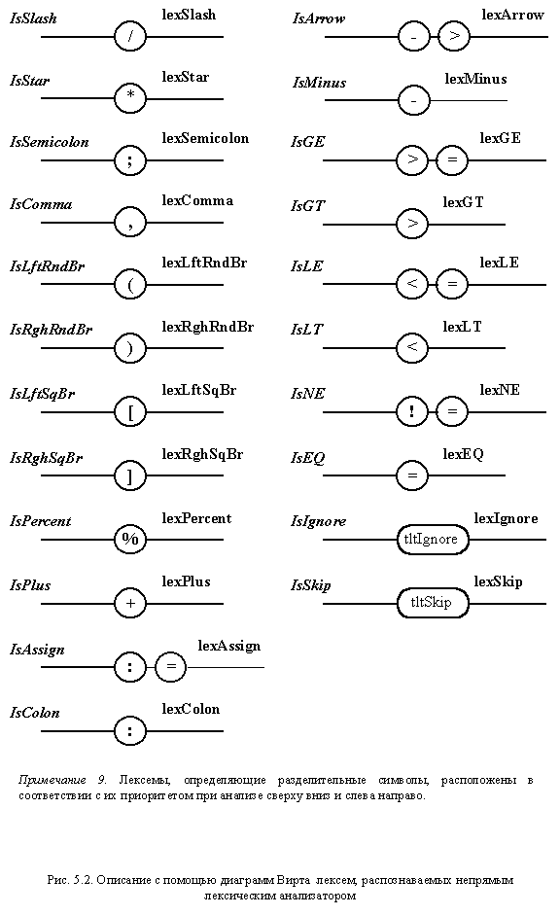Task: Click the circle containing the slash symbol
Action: tap(130, 37)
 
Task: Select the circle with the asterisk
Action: tap(130, 97)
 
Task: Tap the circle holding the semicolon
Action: tap(130, 159)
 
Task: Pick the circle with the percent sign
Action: tap(130, 539)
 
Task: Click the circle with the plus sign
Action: tap(130, 603)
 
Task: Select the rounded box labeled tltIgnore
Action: tap(433, 540)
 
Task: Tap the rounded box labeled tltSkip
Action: tap(433, 603)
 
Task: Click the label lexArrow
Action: tap(512, 16)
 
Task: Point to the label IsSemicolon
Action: tap(49, 142)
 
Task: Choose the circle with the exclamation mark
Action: tap(412, 411)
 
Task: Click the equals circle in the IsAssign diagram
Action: tap(170, 666)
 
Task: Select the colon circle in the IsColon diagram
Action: tap(130, 730)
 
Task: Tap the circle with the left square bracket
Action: tap(130, 412)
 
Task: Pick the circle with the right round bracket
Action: tap(130, 348)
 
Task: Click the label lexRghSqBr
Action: tap(202, 454)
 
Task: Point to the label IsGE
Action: tap(307, 142)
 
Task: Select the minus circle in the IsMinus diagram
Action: tap(413, 100)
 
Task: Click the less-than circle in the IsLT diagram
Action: tap(412, 348)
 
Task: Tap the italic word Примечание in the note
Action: tap(52, 780)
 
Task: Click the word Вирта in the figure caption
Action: tap(294, 879)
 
